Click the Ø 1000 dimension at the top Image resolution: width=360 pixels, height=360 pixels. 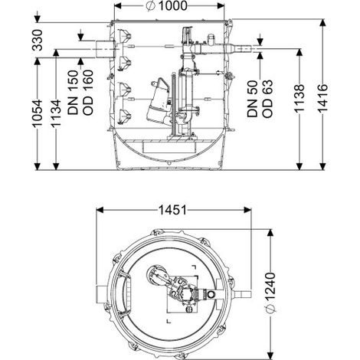[166, 6]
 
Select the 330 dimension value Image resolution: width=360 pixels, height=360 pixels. [38, 40]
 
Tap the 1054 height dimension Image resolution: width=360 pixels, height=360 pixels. [38, 113]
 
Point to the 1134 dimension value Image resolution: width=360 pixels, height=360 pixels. [56, 113]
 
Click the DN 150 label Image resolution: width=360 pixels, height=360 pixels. [73, 92]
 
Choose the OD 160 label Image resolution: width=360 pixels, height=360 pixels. [88, 92]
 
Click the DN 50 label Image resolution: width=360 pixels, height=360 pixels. [252, 99]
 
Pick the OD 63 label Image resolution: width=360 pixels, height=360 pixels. [267, 99]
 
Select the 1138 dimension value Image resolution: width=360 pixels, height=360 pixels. [299, 98]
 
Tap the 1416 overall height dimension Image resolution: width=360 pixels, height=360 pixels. [322, 98]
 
